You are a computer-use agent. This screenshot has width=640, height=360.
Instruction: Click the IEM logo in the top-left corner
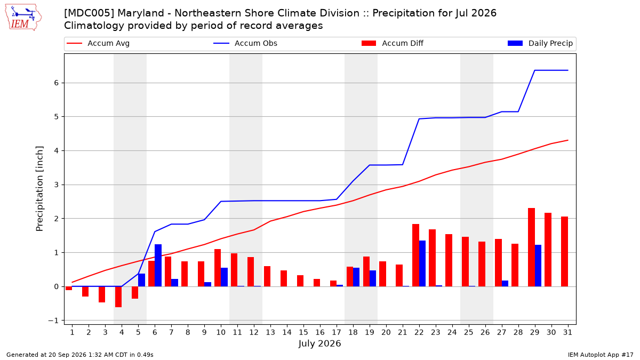pyautogui.click(x=23, y=17)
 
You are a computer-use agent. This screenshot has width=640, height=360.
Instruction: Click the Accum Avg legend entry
pyautogui.click(x=98, y=43)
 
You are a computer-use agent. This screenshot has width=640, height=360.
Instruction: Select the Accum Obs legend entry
pyautogui.click(x=245, y=43)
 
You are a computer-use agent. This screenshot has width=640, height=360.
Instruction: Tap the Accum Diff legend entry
pyautogui.click(x=393, y=43)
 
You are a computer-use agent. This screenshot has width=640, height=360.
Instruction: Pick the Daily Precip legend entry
pyautogui.click(x=540, y=43)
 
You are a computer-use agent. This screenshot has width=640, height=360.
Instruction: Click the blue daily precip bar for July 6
pyautogui.click(x=158, y=266)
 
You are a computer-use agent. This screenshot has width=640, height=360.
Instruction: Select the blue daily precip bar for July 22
pyautogui.click(x=422, y=263)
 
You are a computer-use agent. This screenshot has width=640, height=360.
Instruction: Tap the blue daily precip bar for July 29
pyautogui.click(x=538, y=266)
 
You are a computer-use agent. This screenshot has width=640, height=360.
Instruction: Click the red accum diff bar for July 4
pyautogui.click(x=118, y=297)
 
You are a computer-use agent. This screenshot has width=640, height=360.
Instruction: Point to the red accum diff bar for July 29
pyautogui.click(x=531, y=247)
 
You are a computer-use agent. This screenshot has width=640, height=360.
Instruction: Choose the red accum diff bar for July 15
pyautogui.click(x=300, y=281)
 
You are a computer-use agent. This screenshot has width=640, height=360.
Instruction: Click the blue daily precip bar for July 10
pyautogui.click(x=225, y=277)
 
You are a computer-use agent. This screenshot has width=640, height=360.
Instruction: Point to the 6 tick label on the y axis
pyautogui.click(x=56, y=83)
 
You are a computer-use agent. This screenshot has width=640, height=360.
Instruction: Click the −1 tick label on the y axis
pyautogui.click(x=53, y=321)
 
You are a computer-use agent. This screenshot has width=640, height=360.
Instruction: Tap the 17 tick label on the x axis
pyautogui.click(x=337, y=332)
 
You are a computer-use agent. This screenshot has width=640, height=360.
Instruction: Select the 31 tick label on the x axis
pyautogui.click(x=567, y=332)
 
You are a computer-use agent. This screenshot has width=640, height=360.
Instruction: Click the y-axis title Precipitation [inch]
pyautogui.click(x=39, y=189)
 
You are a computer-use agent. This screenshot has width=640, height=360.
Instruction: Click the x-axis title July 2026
pyautogui.click(x=319, y=343)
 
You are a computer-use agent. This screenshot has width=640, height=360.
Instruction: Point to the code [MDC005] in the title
pyautogui.click(x=90, y=13)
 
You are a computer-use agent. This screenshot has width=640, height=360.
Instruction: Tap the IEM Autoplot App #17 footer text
pyautogui.click(x=601, y=355)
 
